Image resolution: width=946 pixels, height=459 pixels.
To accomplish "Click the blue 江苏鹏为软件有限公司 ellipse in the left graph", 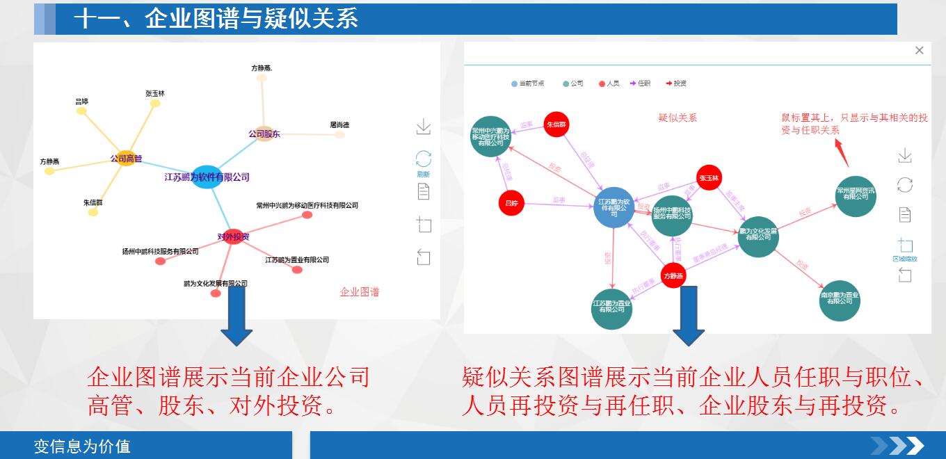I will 206,177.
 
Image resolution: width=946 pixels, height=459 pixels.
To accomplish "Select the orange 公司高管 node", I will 125,159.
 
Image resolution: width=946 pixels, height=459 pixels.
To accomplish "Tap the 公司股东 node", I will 264,134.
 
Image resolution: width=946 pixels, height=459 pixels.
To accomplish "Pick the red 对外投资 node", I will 233,236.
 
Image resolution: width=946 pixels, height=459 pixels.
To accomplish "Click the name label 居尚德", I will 339,125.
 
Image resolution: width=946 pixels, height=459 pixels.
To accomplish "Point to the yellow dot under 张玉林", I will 155,104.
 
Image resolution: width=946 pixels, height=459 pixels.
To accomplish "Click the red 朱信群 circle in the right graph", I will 556,124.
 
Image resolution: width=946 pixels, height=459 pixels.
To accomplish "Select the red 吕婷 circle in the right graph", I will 512,203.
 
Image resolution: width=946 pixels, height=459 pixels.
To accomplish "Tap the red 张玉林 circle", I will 709,178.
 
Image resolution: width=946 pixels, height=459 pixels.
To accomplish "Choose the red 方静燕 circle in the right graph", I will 673,275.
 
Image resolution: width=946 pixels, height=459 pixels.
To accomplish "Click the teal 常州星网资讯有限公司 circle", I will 856,196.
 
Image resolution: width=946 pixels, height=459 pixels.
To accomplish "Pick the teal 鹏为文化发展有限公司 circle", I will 757,236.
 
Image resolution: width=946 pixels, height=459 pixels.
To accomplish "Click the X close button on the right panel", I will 919,50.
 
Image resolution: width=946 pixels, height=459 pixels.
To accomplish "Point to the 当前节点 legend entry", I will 529,83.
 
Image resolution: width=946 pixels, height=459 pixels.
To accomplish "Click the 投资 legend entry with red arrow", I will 676,83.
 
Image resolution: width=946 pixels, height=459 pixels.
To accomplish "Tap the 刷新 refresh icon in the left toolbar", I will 423,159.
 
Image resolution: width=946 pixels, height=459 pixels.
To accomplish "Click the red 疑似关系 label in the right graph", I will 678,118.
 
